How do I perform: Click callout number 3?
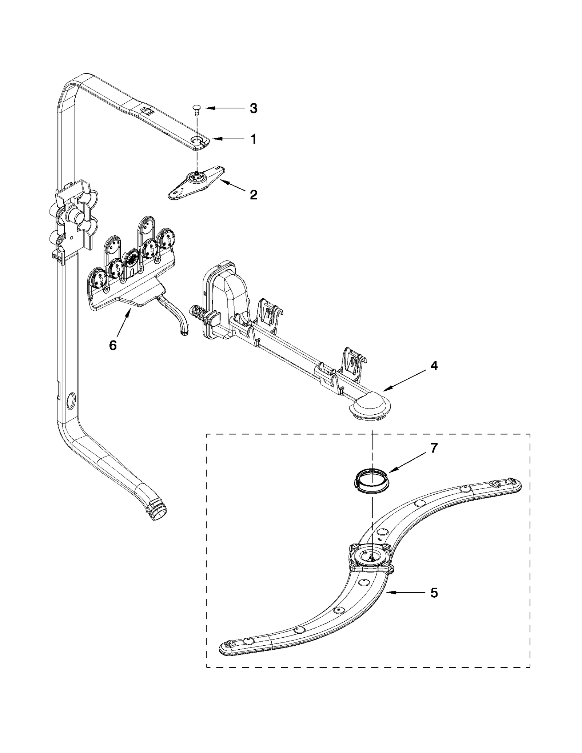pyautogui.click(x=253, y=108)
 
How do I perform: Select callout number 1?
pyautogui.click(x=254, y=139)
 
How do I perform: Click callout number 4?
pyautogui.click(x=434, y=366)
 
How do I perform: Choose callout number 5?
pyautogui.click(x=434, y=593)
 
